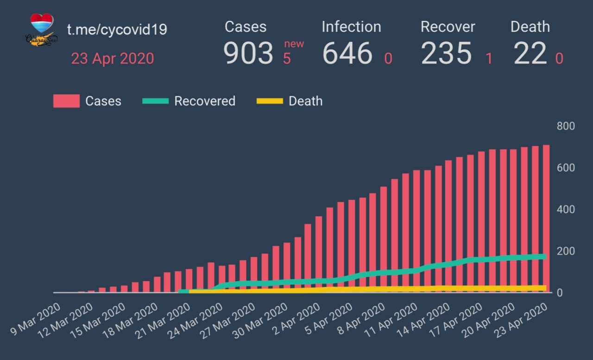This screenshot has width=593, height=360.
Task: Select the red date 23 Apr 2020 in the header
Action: coord(112,59)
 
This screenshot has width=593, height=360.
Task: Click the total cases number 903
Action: coord(248,53)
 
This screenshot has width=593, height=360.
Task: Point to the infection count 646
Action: coord(347,53)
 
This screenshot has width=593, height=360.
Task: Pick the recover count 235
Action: coord(446,53)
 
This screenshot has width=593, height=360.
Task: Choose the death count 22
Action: coord(530,53)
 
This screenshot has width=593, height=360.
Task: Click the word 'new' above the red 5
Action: coord(294,44)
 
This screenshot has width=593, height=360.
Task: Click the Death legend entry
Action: coord(290,101)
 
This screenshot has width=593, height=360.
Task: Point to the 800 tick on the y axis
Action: coord(566,126)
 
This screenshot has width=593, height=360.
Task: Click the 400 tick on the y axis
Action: coord(566,209)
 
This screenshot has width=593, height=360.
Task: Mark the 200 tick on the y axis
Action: coord(566,251)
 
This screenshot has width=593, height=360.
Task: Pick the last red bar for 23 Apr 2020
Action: coord(546,218)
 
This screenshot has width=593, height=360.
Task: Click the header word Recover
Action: coord(448,27)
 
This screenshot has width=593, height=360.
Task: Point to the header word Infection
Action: coord(351,27)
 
